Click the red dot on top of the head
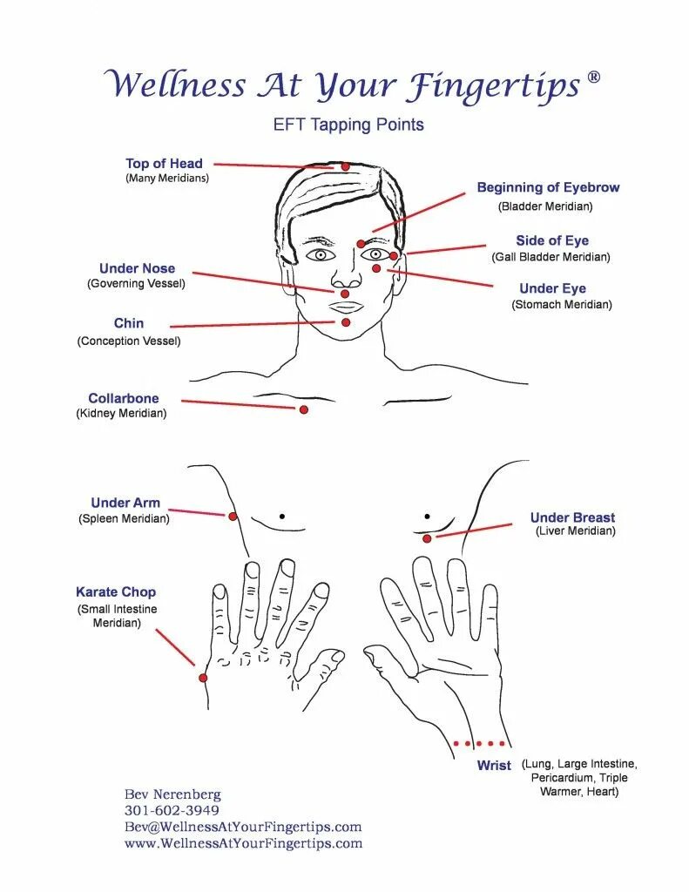(345, 166)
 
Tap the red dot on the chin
(345, 322)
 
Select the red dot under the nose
(345, 294)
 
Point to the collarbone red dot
(304, 409)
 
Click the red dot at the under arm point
(233, 517)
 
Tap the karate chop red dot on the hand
(203, 678)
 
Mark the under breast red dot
(427, 539)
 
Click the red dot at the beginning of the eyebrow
(361, 245)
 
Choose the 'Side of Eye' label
(552, 240)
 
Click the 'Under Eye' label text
(552, 288)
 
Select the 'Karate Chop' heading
(116, 591)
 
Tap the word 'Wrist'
(494, 766)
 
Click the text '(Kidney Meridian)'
(121, 414)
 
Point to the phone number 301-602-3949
(172, 810)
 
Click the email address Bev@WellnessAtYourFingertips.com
(243, 827)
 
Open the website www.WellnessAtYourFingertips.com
(243, 843)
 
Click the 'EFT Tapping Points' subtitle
(348, 125)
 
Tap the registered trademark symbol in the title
(593, 78)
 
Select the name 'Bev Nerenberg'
(172, 794)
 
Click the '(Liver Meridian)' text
(575, 530)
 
